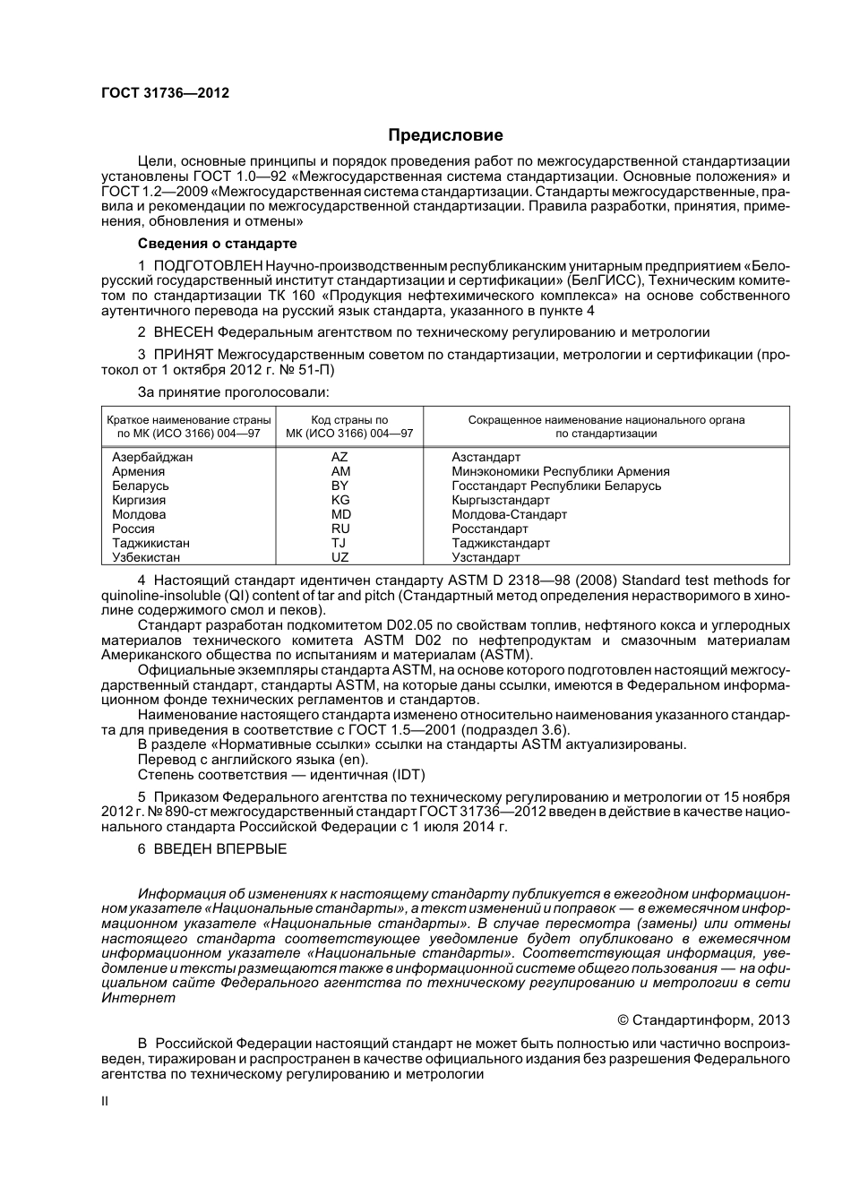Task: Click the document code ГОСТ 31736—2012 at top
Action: (165, 92)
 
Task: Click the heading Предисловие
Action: (445, 135)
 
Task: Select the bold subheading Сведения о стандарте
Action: (217, 244)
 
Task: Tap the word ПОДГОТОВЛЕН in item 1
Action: (209, 266)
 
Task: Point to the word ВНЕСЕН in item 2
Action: (184, 332)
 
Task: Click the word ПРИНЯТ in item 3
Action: (184, 355)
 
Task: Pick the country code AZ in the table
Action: (340, 457)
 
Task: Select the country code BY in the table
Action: (340, 486)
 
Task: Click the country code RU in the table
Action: (340, 529)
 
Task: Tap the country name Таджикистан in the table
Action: (150, 543)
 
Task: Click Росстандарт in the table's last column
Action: (490, 529)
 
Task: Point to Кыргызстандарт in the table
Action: (501, 500)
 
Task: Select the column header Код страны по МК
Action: (349, 419)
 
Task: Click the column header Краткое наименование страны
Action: (188, 419)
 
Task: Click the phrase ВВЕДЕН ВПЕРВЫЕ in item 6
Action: (220, 848)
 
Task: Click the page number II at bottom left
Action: (105, 1101)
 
